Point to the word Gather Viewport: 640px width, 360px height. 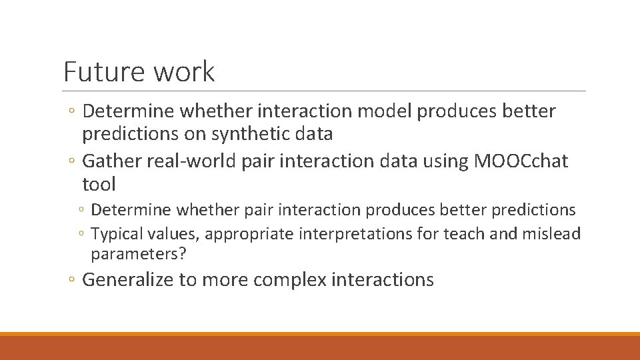(109, 160)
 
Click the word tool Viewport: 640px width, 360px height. (99, 183)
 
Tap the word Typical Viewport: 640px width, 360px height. (113, 233)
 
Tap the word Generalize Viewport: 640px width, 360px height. (127, 279)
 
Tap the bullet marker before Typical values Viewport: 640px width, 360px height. (81, 234)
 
